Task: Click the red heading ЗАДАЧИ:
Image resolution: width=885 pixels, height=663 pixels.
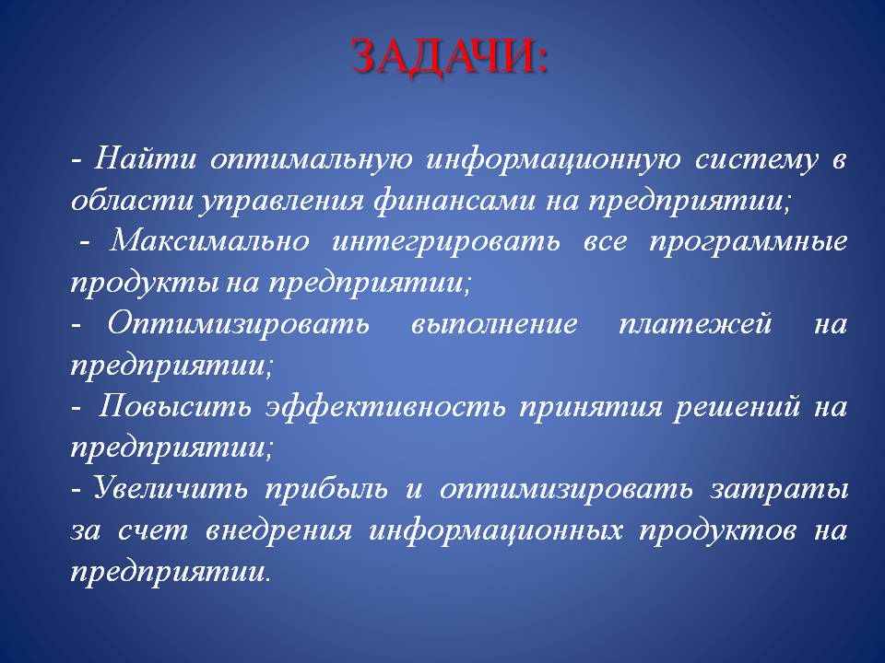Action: point(449,57)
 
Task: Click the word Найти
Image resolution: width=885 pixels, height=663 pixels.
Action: point(145,158)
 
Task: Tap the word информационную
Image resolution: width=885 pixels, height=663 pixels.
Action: point(554,160)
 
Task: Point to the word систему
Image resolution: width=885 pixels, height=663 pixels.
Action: point(756,160)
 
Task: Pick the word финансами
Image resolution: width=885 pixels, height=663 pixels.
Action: point(454,201)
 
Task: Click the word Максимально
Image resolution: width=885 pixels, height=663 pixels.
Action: point(209,241)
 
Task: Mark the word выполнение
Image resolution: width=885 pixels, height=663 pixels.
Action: point(494,324)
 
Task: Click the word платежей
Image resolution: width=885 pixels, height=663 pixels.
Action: point(695,324)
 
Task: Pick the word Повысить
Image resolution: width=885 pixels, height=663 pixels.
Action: point(174,406)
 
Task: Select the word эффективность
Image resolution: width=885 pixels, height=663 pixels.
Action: point(385,406)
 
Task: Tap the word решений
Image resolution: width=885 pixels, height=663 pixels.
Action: point(737,408)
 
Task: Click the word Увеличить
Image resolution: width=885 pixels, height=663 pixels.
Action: point(171,488)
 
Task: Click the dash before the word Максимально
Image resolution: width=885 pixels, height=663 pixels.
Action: point(85,242)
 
